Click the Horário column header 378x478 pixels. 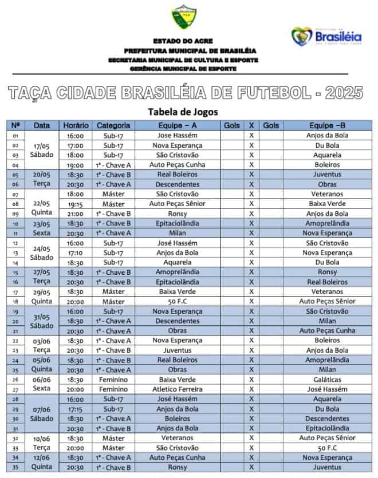[x=76, y=125]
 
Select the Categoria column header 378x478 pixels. [x=113, y=125]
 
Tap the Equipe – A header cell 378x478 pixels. [x=177, y=125]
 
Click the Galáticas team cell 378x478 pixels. [x=327, y=380]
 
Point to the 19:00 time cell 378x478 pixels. [x=76, y=165]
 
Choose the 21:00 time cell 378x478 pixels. [x=76, y=214]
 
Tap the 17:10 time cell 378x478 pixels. [x=76, y=252]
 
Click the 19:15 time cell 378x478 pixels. [x=76, y=204]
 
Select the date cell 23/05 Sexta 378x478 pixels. [x=42, y=228]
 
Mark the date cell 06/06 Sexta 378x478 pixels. [x=42, y=384]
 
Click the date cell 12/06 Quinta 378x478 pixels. [x=42, y=462]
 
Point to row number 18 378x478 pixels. [x=15, y=302]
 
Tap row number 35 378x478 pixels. [x=15, y=467]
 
